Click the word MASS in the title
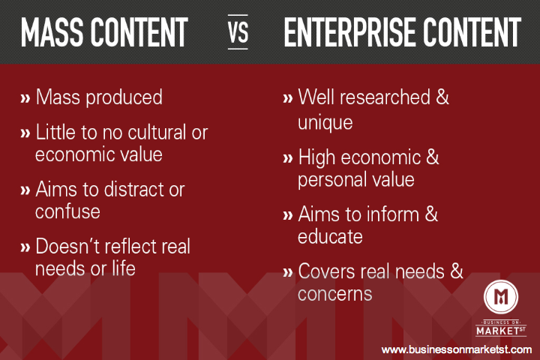[52, 32]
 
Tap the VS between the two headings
[238, 32]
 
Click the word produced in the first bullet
[124, 97]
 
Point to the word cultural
[152, 132]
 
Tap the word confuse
[67, 211]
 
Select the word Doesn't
[67, 246]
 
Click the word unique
[325, 123]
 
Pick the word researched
[385, 97]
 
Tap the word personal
[328, 181]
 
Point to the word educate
[330, 237]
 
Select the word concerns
[334, 295]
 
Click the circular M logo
[501, 297]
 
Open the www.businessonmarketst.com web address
[457, 350]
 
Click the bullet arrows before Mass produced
[25, 98]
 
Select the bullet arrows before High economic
[287, 158]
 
